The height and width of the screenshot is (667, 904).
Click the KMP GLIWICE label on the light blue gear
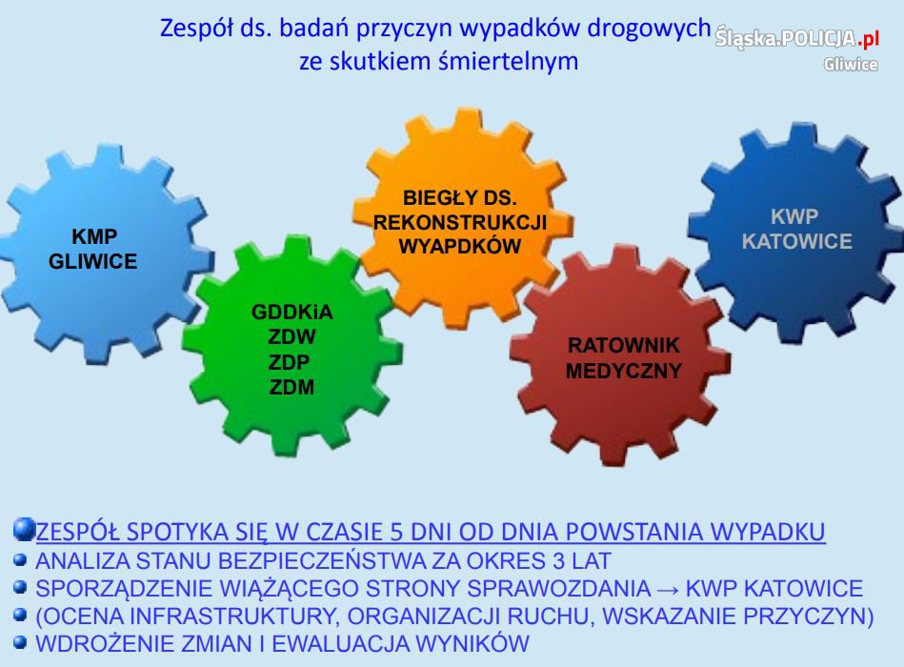92,249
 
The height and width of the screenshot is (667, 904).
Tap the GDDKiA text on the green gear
292,312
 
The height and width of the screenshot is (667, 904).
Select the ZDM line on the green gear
291,388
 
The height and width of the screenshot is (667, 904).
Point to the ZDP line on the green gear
289,362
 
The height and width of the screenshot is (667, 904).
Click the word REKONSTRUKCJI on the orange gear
460,223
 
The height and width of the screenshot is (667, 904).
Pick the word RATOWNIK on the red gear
624,345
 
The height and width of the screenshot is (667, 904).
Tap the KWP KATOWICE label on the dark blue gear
796,229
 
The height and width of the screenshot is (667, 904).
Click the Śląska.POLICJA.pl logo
797,39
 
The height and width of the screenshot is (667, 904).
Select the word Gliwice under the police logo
851,64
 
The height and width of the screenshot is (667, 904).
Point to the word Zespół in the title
196,28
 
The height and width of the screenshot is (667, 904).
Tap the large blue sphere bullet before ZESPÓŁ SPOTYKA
24,530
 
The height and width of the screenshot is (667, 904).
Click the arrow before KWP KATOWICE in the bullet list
668,589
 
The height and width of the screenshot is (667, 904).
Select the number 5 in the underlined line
396,532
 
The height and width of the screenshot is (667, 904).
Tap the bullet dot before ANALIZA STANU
20,559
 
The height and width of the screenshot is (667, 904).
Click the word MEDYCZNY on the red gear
624,371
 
